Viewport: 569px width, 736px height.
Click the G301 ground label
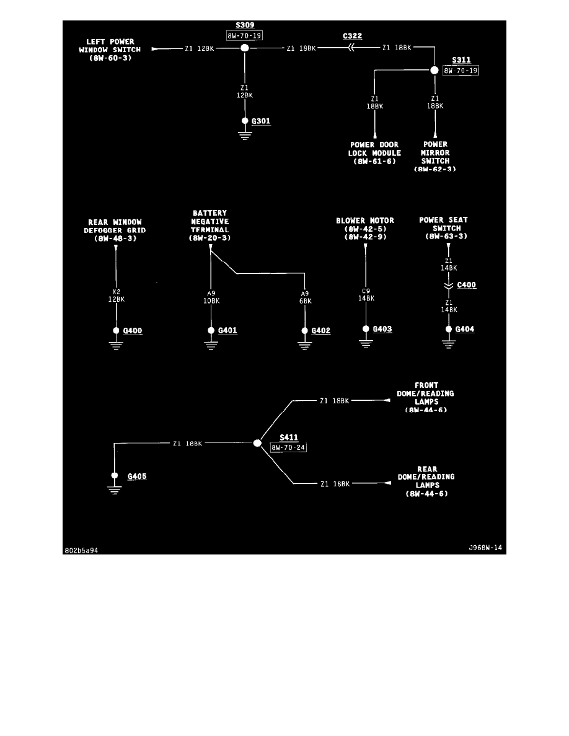click(261, 121)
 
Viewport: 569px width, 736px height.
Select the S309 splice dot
click(245, 48)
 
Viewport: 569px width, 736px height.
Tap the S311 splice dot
click(435, 70)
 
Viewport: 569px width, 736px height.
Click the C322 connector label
click(353, 36)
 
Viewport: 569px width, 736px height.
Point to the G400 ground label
click(133, 331)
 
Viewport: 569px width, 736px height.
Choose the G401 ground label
click(227, 331)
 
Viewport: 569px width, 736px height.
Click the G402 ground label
click(320, 331)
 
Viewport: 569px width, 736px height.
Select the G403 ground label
click(382, 329)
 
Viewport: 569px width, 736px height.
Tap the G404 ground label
click(465, 329)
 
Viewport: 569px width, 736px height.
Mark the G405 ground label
click(137, 476)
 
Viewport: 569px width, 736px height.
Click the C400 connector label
click(466, 286)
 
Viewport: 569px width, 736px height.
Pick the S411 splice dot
click(257, 443)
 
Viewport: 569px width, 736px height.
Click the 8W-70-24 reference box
click(289, 447)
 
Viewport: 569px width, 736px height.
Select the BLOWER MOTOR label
click(365, 221)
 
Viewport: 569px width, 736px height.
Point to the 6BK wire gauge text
click(305, 301)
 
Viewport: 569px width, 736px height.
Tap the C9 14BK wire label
click(366, 294)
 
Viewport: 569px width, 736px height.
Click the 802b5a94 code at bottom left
click(82, 550)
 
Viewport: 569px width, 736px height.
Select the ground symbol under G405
click(114, 488)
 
